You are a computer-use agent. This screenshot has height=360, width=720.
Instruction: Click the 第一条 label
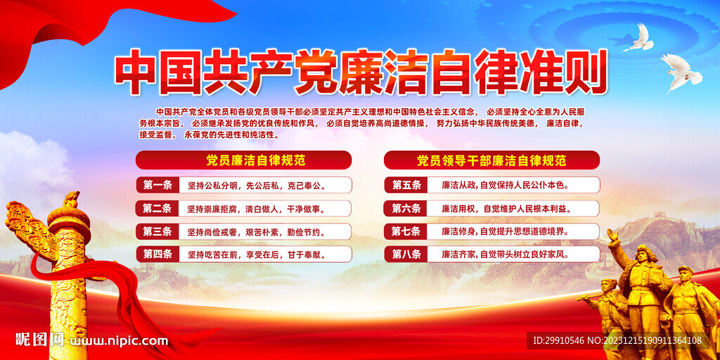pyautogui.click(x=157, y=186)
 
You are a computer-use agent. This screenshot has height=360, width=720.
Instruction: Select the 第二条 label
pyautogui.click(x=157, y=208)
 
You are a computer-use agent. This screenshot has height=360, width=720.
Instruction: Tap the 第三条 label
pyautogui.click(x=157, y=231)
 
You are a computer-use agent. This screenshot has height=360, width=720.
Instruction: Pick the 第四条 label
pyautogui.click(x=157, y=254)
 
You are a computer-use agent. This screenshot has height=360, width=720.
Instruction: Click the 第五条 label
pyautogui.click(x=406, y=185)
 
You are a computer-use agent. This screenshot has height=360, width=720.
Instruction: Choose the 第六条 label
pyautogui.click(x=406, y=208)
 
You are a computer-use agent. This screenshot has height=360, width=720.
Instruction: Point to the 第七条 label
pyautogui.click(x=406, y=231)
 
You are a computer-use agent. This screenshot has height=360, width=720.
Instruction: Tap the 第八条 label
pyautogui.click(x=406, y=254)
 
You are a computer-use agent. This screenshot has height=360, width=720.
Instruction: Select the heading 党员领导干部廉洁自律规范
pyautogui.click(x=491, y=160)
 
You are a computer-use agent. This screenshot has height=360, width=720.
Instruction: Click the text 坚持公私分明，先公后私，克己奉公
pyautogui.click(x=256, y=186)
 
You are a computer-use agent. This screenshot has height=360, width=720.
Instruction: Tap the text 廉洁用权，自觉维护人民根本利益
pyautogui.click(x=505, y=208)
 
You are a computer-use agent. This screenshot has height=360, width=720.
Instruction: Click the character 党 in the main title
pyautogui.click(x=317, y=72)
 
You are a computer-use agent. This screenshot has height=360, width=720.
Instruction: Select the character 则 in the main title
pyautogui.click(x=585, y=72)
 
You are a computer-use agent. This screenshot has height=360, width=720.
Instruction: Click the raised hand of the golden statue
pyautogui.click(x=612, y=235)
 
